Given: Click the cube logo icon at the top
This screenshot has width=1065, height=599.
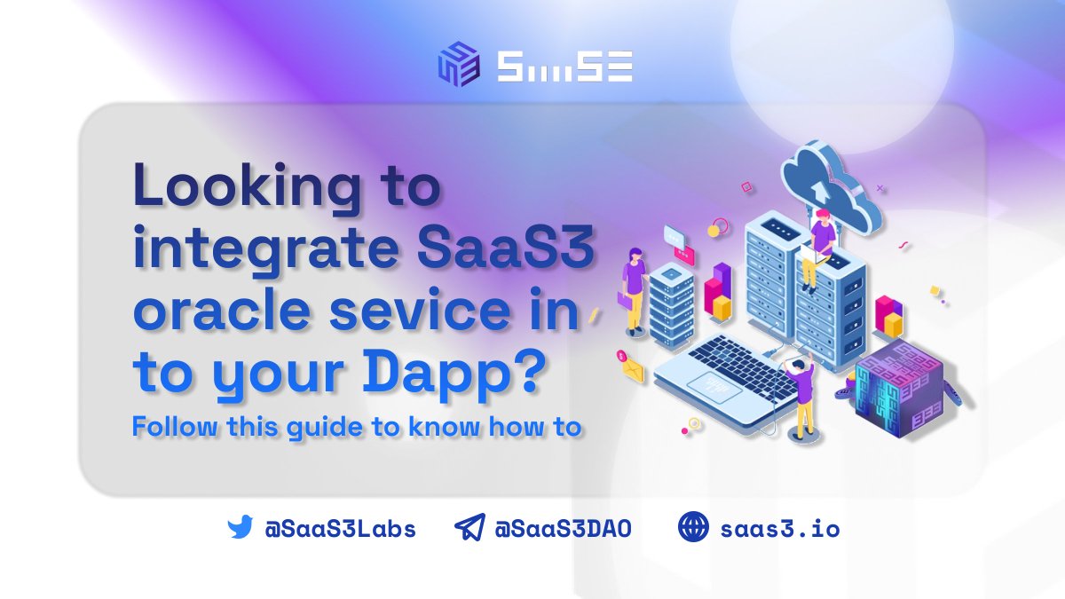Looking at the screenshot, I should (459, 66).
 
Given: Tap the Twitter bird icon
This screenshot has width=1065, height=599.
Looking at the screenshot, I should (240, 529).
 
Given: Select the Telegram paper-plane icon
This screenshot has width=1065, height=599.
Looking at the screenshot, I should (469, 529).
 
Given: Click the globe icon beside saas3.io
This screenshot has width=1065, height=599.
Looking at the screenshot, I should (693, 529).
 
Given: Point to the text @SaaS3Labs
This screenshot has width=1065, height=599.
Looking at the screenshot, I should (341, 530).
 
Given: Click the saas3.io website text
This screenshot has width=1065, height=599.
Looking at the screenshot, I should (780, 530).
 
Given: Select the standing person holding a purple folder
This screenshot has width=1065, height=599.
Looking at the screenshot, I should (635, 289).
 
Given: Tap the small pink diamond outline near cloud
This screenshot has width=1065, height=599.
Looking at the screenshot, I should (746, 188).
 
